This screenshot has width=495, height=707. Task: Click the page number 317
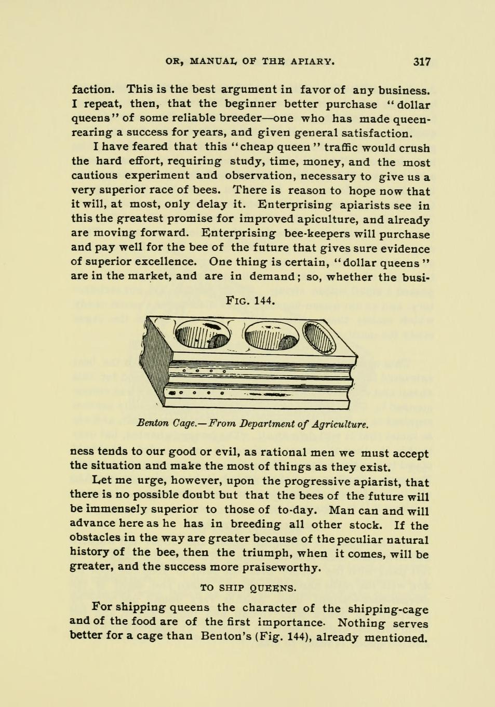[422, 62]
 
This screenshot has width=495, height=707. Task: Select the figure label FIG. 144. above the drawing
[250, 300]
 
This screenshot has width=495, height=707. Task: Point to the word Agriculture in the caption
[341, 424]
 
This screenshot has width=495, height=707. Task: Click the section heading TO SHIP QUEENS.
[248, 588]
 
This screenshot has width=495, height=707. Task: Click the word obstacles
[99, 538]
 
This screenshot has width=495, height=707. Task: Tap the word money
[325, 162]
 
